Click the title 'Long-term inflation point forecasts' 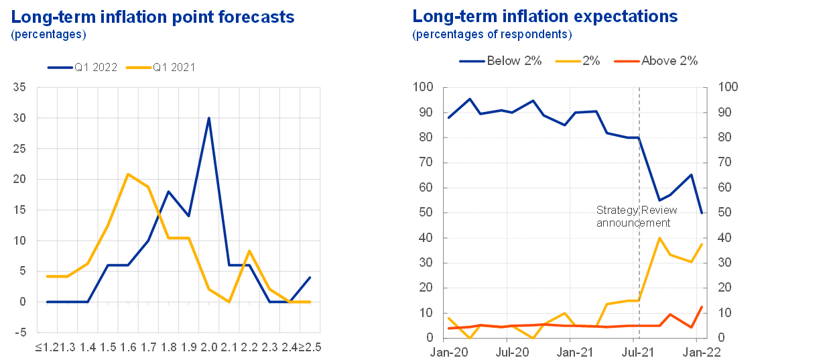[x=153, y=17]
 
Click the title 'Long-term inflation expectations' [x=545, y=17]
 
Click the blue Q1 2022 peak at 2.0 [x=208, y=118]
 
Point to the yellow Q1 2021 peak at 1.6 [x=127, y=174]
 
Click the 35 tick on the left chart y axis [x=21, y=87]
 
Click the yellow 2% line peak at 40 [x=659, y=238]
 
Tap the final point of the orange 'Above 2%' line [x=702, y=306]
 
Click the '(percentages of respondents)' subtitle [x=492, y=34]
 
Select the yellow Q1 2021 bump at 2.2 [x=249, y=251]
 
